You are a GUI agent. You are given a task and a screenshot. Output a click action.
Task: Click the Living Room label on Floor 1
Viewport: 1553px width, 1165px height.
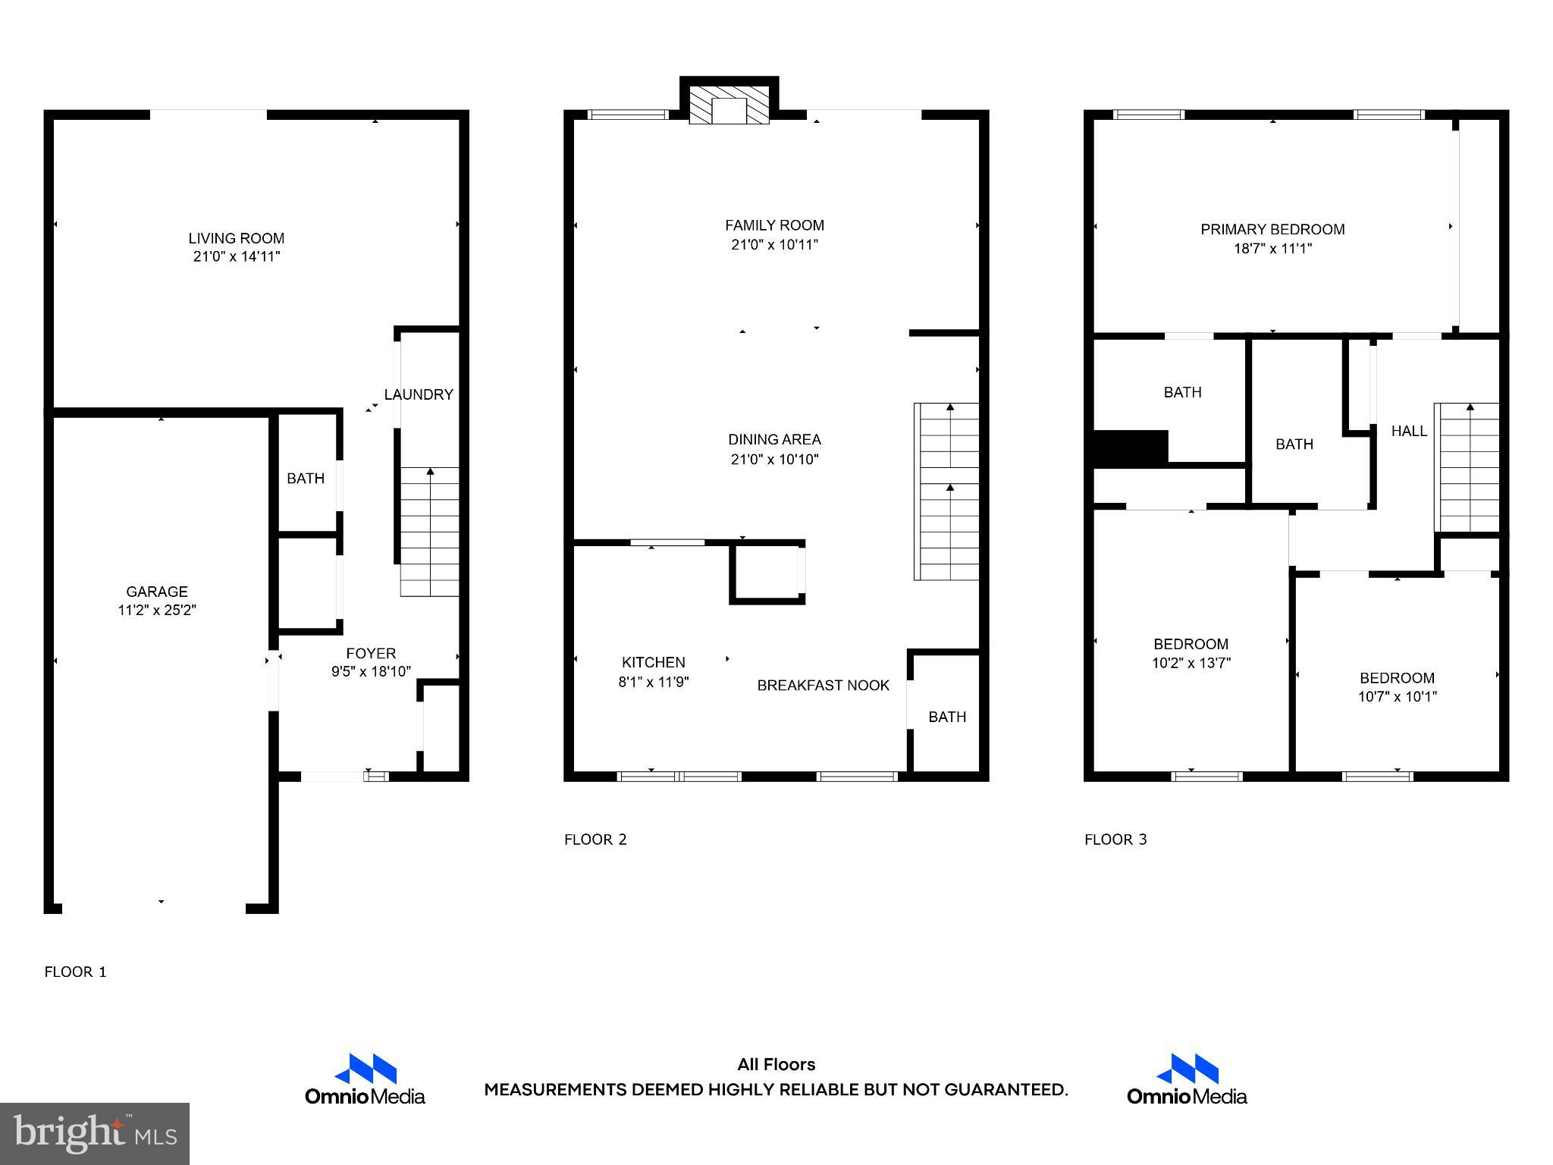[236, 238]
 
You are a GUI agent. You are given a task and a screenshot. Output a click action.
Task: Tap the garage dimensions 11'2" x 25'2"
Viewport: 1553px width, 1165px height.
[157, 611]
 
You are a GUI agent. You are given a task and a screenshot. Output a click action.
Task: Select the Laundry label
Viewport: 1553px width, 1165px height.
[418, 394]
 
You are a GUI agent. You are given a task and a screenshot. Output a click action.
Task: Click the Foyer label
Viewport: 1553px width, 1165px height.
[371, 653]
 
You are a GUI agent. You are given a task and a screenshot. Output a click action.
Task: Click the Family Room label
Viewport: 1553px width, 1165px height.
[774, 225]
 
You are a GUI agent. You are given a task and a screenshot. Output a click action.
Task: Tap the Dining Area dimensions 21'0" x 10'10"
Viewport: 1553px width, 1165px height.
[774, 460]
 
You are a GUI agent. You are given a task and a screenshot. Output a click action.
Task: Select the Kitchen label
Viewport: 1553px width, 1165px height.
[653, 662]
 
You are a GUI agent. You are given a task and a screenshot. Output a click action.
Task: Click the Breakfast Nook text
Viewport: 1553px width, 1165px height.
[823, 686]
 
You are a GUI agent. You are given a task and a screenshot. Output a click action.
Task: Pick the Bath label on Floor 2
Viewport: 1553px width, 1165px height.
[947, 717]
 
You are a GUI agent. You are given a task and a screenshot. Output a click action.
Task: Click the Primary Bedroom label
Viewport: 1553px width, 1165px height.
[1272, 229]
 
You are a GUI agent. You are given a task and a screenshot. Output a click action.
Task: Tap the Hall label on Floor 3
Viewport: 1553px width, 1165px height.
[1409, 431]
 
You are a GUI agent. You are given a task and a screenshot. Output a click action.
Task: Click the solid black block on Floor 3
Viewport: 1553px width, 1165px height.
[1129, 447]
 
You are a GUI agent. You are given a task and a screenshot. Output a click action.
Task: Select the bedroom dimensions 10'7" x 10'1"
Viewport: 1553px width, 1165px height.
[1397, 697]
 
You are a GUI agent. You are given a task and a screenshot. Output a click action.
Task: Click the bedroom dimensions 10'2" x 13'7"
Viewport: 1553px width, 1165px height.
[1191, 663]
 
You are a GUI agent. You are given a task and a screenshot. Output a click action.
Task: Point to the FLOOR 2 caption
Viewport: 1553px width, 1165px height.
[595, 840]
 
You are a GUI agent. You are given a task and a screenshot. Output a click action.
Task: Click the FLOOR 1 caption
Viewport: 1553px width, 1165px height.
[75, 972]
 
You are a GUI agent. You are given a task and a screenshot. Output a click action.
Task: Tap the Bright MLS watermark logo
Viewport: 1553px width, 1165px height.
[95, 1134]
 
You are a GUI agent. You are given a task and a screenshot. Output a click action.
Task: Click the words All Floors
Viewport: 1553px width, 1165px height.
[776, 1065]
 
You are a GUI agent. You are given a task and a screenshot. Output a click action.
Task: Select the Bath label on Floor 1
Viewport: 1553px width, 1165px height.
[306, 479]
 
